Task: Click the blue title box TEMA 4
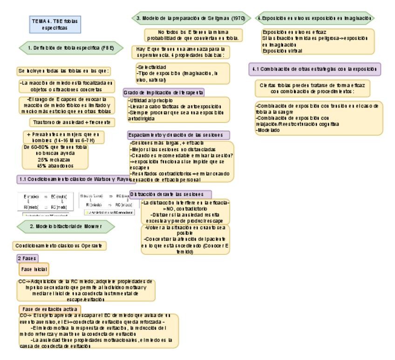[x=55, y=25]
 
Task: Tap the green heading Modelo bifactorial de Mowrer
[x=65, y=226]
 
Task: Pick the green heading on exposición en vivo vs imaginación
[x=315, y=18]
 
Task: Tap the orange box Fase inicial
[x=34, y=269]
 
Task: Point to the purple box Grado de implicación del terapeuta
[x=163, y=92]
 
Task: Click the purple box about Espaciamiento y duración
[x=179, y=135]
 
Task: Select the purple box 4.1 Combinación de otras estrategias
[x=315, y=69]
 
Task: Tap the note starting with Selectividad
[x=179, y=74]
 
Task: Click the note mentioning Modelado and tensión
[x=319, y=118]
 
